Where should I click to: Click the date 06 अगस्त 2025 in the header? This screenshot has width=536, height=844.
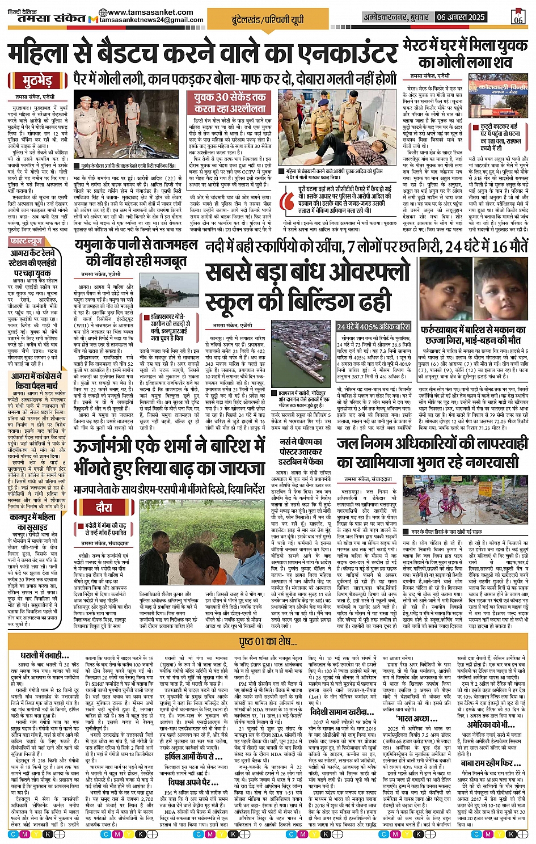tap(461, 18)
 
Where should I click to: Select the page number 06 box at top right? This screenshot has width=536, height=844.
tap(518, 17)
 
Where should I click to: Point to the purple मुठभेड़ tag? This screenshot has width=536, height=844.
tap(38, 81)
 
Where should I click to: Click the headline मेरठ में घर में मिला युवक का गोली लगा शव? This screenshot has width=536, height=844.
tap(465, 54)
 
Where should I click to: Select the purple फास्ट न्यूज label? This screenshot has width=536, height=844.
tap(27, 242)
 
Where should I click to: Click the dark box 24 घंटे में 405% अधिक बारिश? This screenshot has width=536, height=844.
tap(373, 327)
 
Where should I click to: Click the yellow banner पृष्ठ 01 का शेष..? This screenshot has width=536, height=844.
tap(268, 641)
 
